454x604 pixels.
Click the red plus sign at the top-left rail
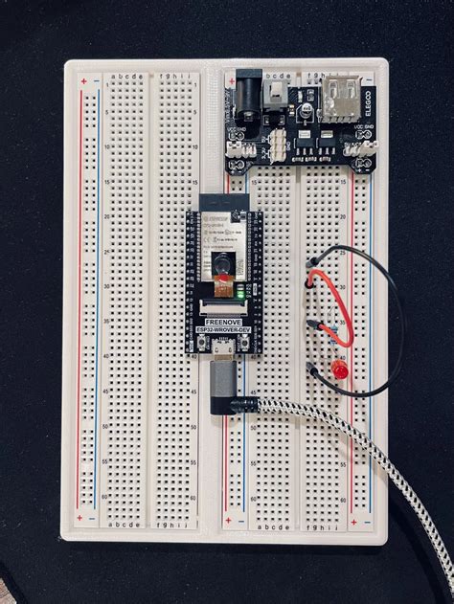pos(83,81)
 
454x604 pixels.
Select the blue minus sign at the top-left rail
pos(96,81)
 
